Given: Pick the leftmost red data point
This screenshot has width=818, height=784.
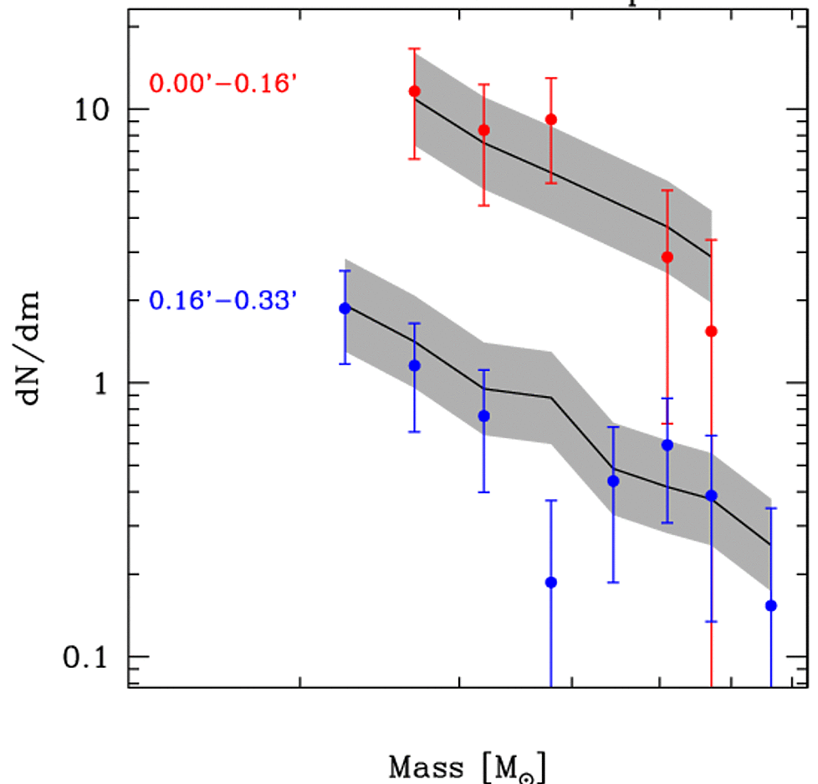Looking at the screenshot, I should (415, 91).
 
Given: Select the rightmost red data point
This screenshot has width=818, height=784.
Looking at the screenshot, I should (712, 331).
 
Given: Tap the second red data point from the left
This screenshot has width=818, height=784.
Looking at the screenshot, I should (483, 130).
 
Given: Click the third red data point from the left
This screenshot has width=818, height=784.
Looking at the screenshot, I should (551, 120).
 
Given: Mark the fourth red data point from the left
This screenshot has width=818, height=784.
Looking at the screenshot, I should (667, 257).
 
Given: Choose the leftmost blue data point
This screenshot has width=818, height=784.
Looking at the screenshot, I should (345, 308).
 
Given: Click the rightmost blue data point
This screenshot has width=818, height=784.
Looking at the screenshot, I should (771, 605).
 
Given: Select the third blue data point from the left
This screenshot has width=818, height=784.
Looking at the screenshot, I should (483, 416).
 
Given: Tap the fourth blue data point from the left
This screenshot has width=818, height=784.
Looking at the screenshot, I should (551, 582).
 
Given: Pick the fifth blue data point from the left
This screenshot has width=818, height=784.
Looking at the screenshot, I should (613, 481).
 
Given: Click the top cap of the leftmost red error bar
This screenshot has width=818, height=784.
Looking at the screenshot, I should (415, 48).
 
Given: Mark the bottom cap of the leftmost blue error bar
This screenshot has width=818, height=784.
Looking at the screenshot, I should (345, 364).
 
